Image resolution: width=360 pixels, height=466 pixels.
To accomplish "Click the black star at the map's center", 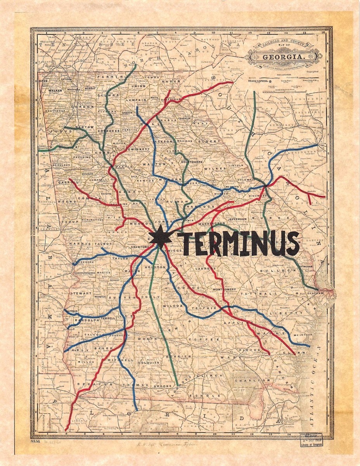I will tap(160, 237).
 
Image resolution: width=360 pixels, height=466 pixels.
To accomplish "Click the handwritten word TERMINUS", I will tap(238, 243).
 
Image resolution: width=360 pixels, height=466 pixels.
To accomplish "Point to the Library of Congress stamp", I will tap(310, 440).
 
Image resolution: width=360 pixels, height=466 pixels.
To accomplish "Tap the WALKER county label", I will tap(55, 90).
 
